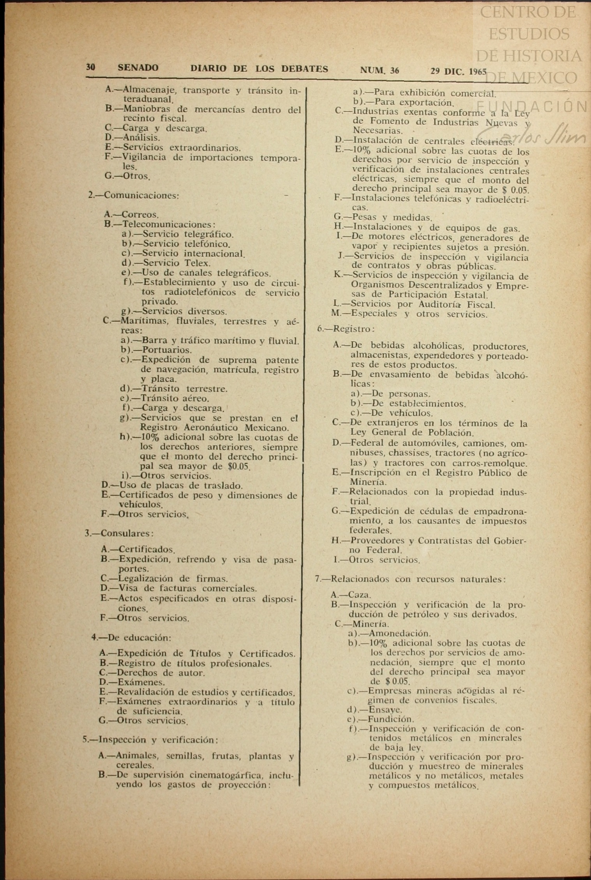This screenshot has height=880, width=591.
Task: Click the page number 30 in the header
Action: (90, 67)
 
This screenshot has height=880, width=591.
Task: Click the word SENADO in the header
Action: (138, 68)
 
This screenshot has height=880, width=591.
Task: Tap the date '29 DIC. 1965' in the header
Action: (459, 71)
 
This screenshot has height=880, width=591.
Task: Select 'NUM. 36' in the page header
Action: (379, 71)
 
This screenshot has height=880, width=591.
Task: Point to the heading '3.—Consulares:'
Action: (119, 533)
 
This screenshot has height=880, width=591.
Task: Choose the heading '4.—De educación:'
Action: (131, 638)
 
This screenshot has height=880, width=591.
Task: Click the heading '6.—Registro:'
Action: (346, 329)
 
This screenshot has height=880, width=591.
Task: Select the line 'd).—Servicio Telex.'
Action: (166, 263)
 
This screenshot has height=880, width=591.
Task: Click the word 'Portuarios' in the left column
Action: (167, 350)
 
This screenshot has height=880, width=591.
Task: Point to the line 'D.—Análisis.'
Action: (132, 138)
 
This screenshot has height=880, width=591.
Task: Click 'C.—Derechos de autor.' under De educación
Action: (152, 673)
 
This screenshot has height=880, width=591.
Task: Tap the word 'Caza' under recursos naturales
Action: (359, 595)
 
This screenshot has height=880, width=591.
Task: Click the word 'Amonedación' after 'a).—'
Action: (399, 633)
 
